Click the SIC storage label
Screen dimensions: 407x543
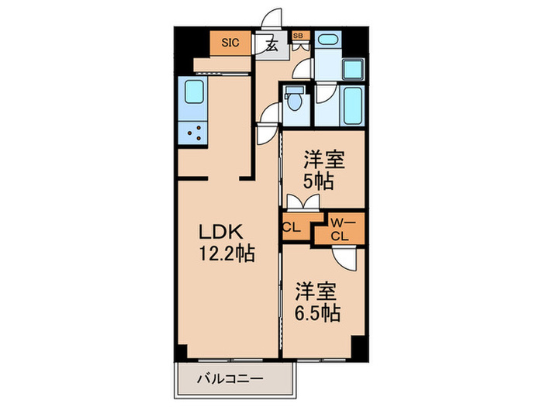click(x=230, y=43)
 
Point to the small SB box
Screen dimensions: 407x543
click(x=298, y=36)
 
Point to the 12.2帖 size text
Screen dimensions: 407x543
click(x=227, y=252)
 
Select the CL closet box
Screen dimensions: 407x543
click(x=292, y=227)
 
